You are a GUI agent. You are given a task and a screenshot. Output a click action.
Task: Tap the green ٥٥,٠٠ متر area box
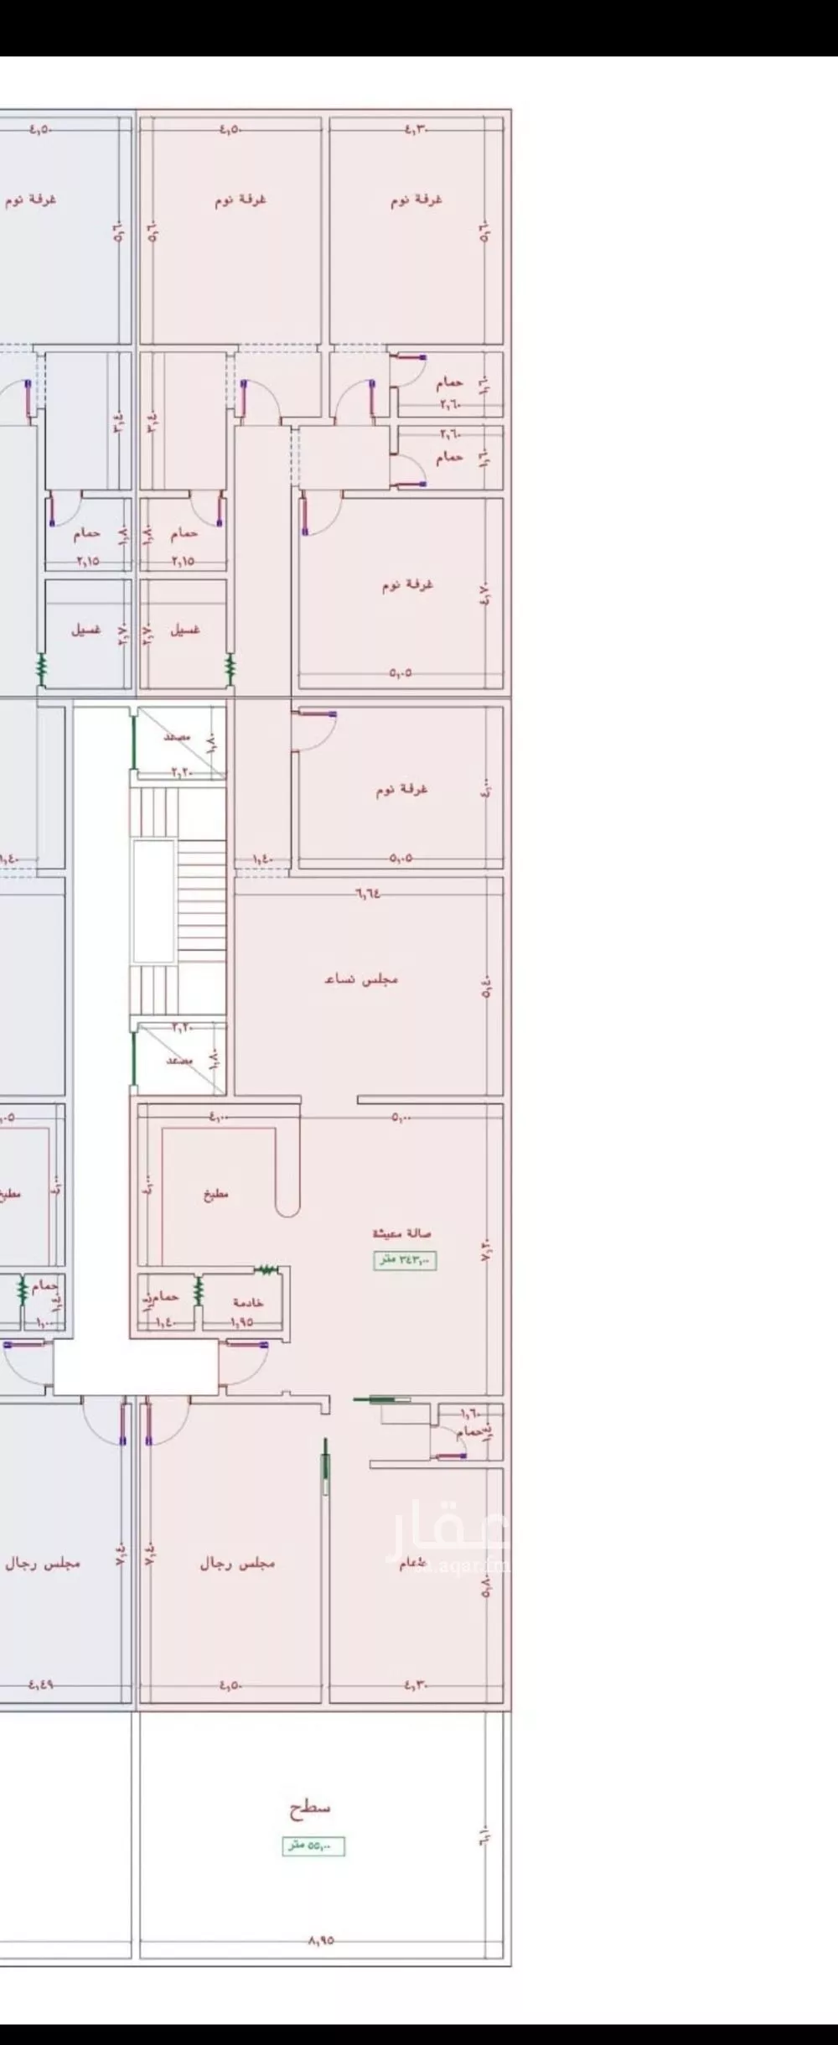click(313, 1845)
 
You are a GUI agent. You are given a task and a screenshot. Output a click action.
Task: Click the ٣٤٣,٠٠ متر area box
click(406, 1259)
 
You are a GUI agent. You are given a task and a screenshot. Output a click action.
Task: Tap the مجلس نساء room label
click(361, 978)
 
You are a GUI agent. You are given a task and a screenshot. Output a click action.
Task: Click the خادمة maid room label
click(248, 1302)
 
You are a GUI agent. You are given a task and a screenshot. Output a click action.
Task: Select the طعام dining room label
click(413, 1564)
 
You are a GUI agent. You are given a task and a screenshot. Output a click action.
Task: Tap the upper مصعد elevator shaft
click(179, 738)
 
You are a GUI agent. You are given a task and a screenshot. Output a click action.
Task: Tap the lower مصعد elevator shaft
click(179, 1059)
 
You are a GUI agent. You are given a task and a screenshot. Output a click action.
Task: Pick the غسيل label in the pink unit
click(185, 630)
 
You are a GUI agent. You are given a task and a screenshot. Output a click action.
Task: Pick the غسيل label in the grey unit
click(86, 630)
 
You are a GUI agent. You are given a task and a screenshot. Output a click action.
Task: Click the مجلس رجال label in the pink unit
click(237, 1564)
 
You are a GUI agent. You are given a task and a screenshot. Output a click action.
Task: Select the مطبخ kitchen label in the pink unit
click(215, 1194)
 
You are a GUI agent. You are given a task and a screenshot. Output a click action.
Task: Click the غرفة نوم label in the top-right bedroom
click(416, 200)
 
